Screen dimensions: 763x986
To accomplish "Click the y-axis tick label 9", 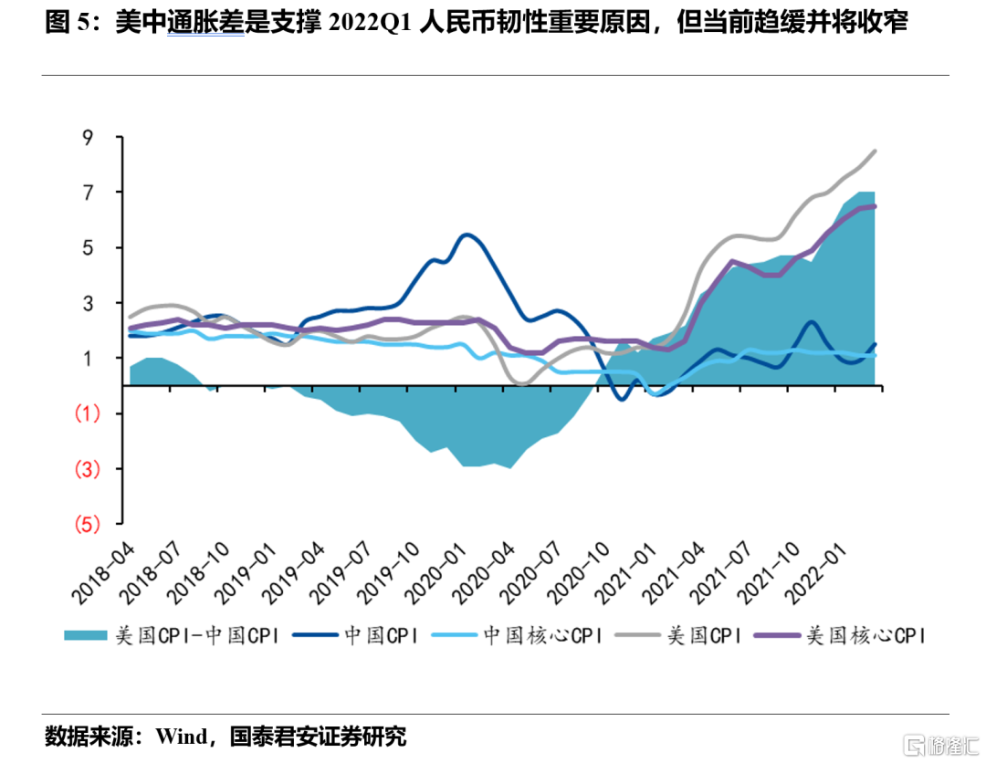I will point(88,138).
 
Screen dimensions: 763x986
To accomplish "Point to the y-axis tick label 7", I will point(88,193).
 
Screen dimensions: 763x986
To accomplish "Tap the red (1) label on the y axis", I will point(88,413).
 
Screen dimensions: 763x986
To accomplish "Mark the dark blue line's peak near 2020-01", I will point(467,235).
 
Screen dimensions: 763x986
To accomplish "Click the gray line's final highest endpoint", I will point(875,152).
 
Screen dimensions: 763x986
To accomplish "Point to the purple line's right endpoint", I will point(875,206).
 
